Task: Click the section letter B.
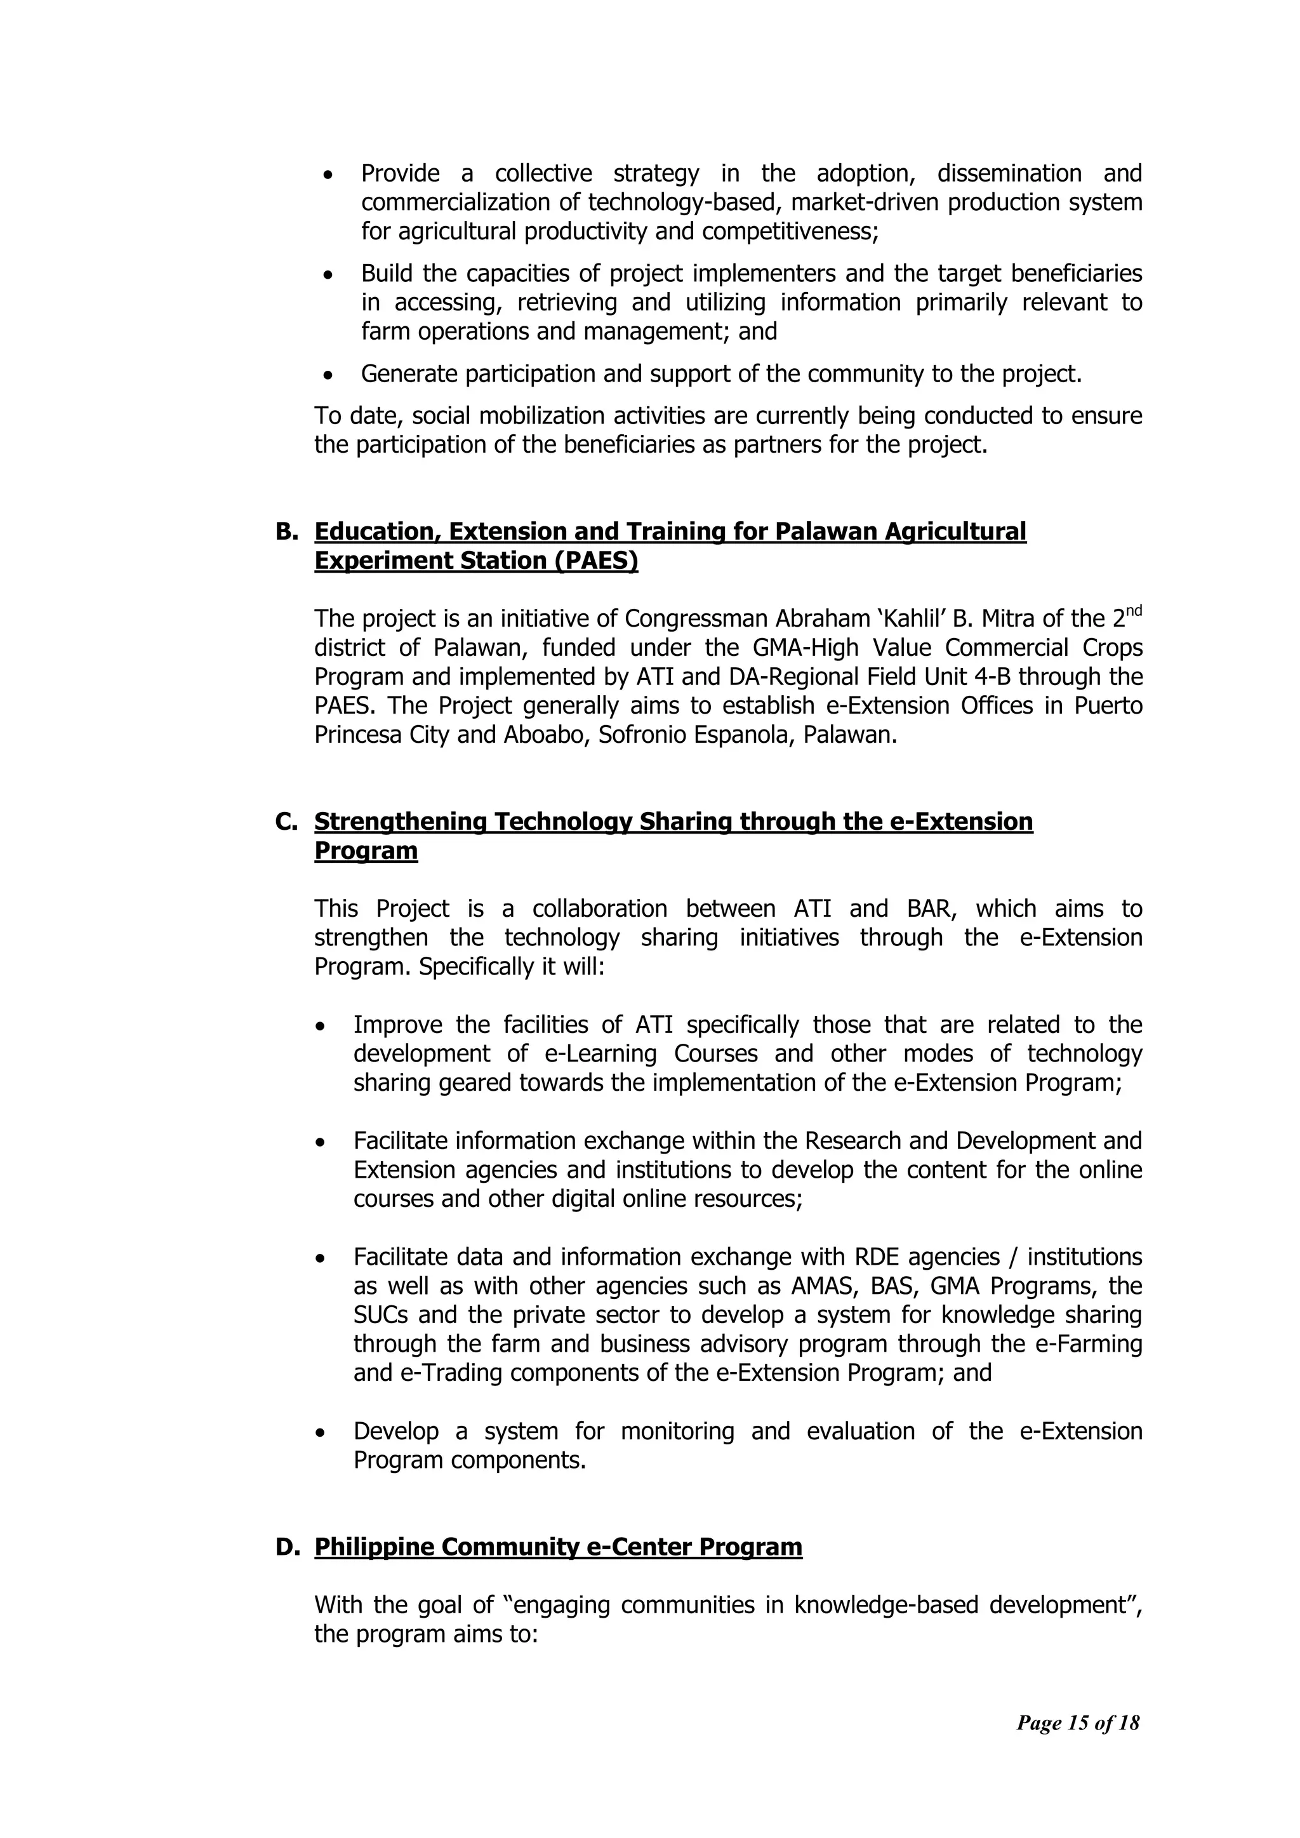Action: tap(286, 531)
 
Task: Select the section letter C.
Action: tap(286, 822)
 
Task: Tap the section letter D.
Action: tap(286, 1547)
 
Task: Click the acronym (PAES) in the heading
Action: tap(597, 561)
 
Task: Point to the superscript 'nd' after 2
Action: tap(1134, 611)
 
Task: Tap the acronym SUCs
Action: tap(381, 1314)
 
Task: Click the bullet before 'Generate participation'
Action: tap(328, 375)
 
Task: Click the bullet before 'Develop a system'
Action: tap(320, 1431)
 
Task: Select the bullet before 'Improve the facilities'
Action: tap(320, 1025)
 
